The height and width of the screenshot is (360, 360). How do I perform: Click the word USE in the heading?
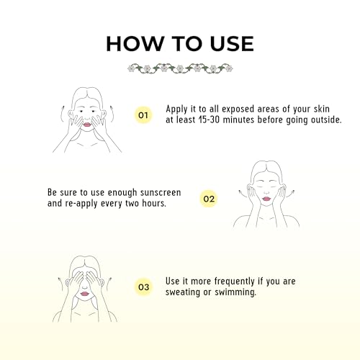click(x=232, y=44)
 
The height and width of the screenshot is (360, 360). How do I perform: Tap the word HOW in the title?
click(x=135, y=44)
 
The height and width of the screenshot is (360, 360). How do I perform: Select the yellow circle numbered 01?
click(x=143, y=115)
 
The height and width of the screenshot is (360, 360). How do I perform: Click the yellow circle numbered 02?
click(x=209, y=199)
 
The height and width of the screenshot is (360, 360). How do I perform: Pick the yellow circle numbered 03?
click(x=143, y=287)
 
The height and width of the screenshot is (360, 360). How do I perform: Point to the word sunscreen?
click(x=161, y=192)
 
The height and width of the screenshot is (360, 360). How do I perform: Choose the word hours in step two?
click(x=154, y=203)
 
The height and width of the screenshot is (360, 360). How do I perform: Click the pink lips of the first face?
click(x=87, y=125)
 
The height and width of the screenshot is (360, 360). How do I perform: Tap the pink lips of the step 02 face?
click(x=266, y=199)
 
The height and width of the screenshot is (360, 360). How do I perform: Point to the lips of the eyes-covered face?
click(x=84, y=294)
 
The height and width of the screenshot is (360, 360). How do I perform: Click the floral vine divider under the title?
click(x=180, y=68)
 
